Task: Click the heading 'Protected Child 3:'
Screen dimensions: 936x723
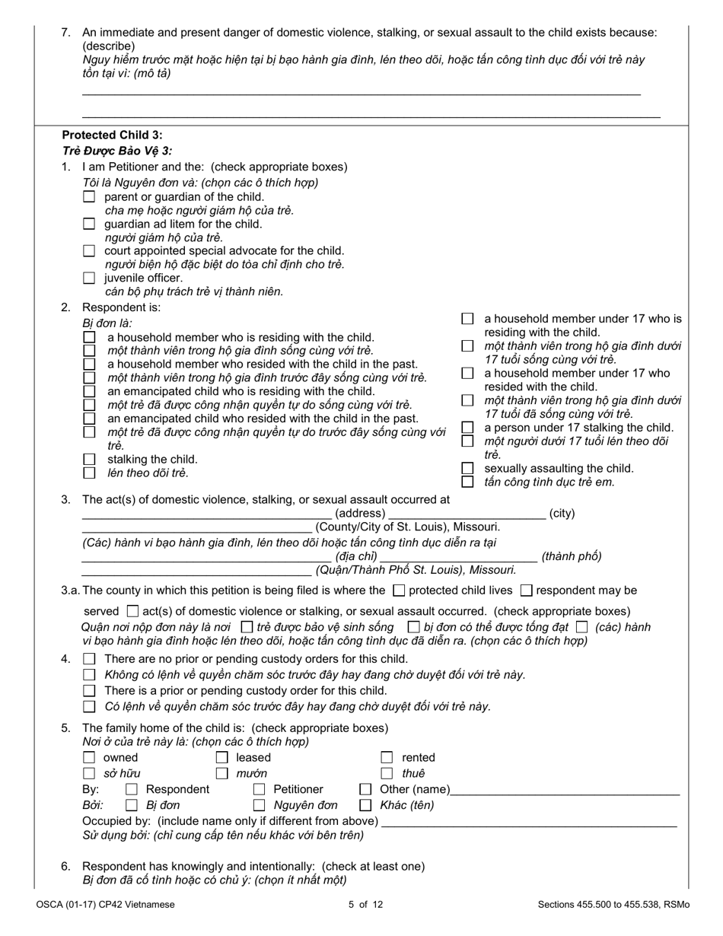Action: [112, 135]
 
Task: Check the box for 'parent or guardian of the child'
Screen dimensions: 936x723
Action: [89, 197]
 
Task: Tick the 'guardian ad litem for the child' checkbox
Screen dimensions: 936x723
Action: [89, 224]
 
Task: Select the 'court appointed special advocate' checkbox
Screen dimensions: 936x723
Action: [89, 251]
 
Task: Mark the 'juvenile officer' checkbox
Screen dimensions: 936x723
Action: [89, 279]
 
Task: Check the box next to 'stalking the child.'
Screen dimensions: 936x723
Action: [89, 460]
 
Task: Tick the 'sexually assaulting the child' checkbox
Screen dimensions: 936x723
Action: [468, 469]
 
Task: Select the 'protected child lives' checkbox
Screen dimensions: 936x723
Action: [399, 591]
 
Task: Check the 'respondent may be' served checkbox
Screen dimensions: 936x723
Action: [526, 591]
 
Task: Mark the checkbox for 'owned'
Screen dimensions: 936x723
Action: [89, 758]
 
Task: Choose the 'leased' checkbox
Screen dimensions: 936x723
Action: [221, 758]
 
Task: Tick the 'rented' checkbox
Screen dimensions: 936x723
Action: [387, 758]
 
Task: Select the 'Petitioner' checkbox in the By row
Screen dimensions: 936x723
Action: [259, 790]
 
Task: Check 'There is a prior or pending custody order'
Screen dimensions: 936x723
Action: [89, 691]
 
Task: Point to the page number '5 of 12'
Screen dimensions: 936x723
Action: [361, 905]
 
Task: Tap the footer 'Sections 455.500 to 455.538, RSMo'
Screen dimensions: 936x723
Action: [613, 905]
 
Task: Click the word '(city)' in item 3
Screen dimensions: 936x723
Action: [562, 514]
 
